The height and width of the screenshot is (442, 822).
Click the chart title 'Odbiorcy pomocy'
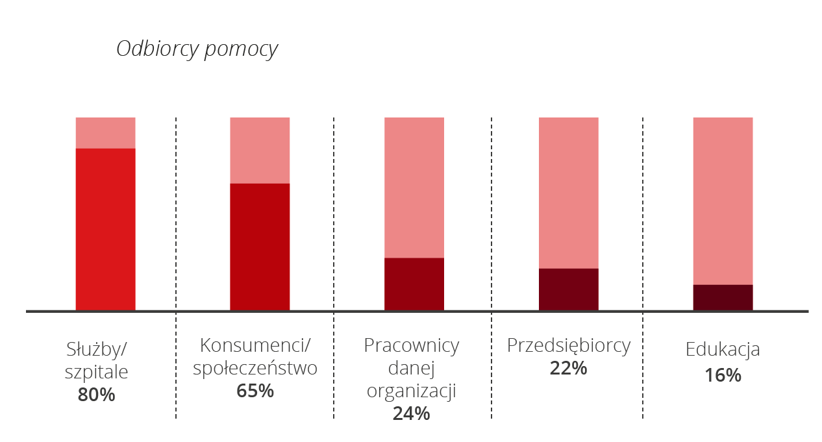pyautogui.click(x=197, y=50)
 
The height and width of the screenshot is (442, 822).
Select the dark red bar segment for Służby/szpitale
pyautogui.click(x=105, y=228)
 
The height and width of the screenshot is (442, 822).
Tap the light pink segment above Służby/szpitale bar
pyautogui.click(x=105, y=133)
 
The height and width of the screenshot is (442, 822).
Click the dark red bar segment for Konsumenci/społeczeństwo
pyautogui.click(x=260, y=246)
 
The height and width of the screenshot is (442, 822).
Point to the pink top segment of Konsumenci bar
pyautogui.click(x=260, y=151)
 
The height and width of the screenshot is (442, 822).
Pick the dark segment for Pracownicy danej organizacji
pyautogui.click(x=414, y=284)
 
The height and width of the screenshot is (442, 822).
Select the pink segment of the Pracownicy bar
pyautogui.click(x=414, y=188)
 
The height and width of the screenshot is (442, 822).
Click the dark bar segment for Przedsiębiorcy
pyautogui.click(x=569, y=289)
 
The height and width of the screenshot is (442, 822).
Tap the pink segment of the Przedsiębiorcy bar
pyautogui.click(x=569, y=193)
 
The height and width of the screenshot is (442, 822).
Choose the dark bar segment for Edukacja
pyautogui.click(x=723, y=297)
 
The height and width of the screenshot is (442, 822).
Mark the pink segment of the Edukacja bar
pyautogui.click(x=723, y=201)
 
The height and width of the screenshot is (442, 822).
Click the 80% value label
pyautogui.click(x=96, y=395)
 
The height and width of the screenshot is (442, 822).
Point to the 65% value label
pyautogui.click(x=255, y=391)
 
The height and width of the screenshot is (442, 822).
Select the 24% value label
pyautogui.click(x=411, y=413)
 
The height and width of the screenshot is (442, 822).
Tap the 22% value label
pyautogui.click(x=568, y=369)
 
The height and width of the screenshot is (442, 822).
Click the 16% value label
pyautogui.click(x=723, y=375)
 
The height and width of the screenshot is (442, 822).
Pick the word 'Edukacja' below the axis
pyautogui.click(x=723, y=350)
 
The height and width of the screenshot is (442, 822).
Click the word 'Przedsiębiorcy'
pyautogui.click(x=569, y=346)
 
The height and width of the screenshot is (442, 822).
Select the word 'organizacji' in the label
pyautogui.click(x=411, y=391)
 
